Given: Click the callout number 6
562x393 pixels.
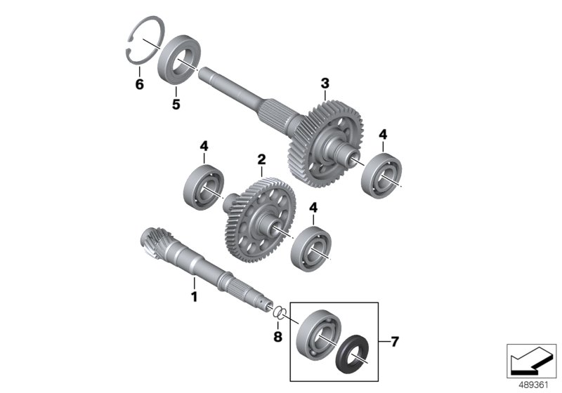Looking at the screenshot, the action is [139, 84].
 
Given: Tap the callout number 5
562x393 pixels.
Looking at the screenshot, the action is [176, 104].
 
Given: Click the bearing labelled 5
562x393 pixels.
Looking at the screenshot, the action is [179, 60].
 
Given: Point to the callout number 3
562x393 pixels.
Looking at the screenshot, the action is [325, 84].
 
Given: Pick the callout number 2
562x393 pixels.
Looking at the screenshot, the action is [261, 159].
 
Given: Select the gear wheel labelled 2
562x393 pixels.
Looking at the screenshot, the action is [260, 220].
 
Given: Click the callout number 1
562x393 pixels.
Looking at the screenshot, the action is [195, 297].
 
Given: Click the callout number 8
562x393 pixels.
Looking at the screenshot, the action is [277, 336].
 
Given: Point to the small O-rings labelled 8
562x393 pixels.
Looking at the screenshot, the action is [280, 312].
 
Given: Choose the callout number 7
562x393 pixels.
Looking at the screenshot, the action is [395, 342].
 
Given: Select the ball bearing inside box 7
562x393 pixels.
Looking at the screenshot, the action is [319, 334].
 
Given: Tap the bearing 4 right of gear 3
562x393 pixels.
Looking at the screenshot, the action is [381, 175].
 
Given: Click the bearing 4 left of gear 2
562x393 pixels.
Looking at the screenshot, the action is [204, 187].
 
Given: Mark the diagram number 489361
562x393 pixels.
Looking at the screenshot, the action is [534, 385].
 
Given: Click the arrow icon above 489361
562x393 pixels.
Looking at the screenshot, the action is [532, 361].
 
